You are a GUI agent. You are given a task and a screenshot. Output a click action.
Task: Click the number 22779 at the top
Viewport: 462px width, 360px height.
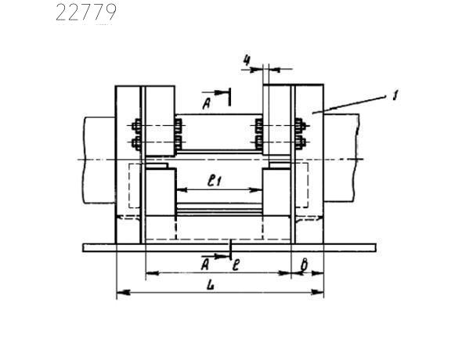pos(85,13)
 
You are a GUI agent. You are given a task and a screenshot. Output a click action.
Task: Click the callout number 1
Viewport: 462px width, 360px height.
pos(395,95)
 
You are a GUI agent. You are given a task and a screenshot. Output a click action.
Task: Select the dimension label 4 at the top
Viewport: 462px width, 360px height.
pos(247,60)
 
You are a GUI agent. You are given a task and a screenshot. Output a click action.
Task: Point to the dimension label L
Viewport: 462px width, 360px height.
pos(211,285)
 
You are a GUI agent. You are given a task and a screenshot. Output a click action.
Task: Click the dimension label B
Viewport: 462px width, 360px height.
pos(304,265)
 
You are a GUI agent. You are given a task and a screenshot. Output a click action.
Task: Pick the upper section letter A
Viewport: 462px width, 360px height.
pos(207,103)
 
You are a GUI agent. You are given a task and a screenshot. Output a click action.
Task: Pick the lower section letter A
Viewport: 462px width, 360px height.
pos(205,265)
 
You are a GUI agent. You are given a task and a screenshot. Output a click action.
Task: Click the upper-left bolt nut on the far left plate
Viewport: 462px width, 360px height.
pos(136,126)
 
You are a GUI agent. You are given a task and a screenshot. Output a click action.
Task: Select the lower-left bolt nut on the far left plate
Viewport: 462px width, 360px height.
pos(136,143)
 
